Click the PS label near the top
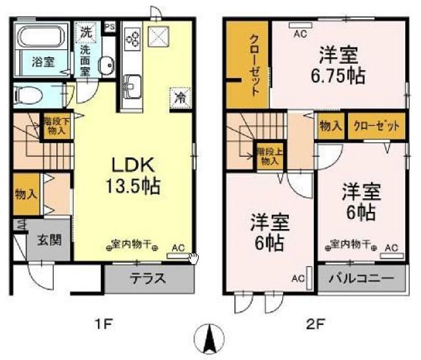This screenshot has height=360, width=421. (109, 27)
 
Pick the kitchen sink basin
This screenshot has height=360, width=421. (132, 84)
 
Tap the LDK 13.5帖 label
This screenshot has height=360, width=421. (135, 174)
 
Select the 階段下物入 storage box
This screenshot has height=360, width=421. (56, 125)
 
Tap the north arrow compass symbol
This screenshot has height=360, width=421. (210, 340)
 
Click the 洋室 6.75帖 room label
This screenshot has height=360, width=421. (339, 64)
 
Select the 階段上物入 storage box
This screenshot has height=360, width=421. (267, 157)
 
